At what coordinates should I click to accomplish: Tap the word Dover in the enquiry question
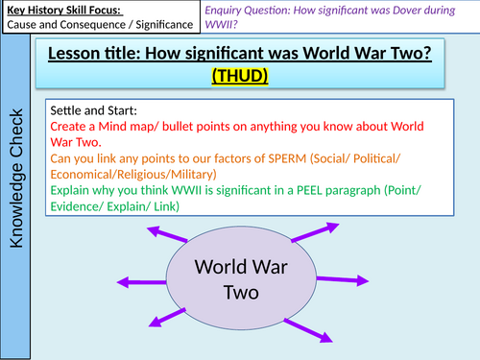[x=388, y=9]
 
